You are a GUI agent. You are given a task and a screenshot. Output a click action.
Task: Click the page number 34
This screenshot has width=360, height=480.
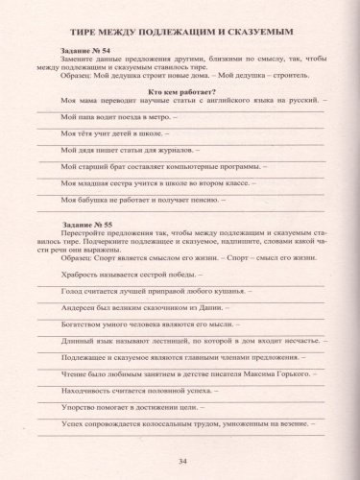(x=181, y=463)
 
